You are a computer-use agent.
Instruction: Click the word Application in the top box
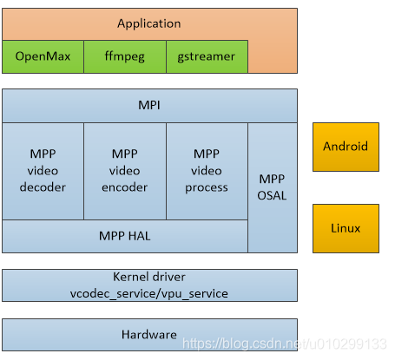(149, 23)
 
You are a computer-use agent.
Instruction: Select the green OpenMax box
(43, 56)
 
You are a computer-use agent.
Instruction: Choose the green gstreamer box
(206, 56)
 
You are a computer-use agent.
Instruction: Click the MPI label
(149, 106)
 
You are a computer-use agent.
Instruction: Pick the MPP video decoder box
(43, 171)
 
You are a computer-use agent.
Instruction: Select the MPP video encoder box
(124, 171)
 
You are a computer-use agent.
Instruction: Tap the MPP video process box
(207, 171)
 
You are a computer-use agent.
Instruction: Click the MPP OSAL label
(272, 187)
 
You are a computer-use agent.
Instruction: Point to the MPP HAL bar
(124, 235)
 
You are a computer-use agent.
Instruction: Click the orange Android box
(346, 147)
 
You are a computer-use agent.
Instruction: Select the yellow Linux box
(346, 228)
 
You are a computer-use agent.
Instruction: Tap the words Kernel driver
(149, 278)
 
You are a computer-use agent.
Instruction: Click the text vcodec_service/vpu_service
(149, 293)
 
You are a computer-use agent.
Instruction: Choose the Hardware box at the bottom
(149, 334)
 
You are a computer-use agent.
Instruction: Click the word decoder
(43, 187)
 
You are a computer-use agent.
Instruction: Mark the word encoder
(124, 187)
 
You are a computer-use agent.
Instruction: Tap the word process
(207, 187)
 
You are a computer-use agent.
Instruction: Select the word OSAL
(272, 196)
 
